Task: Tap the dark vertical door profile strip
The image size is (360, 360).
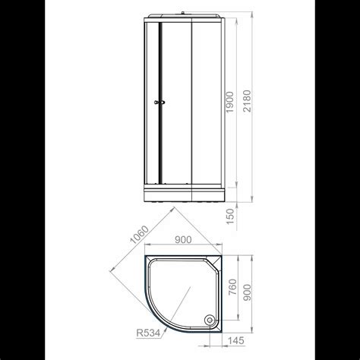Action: click(159, 106)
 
